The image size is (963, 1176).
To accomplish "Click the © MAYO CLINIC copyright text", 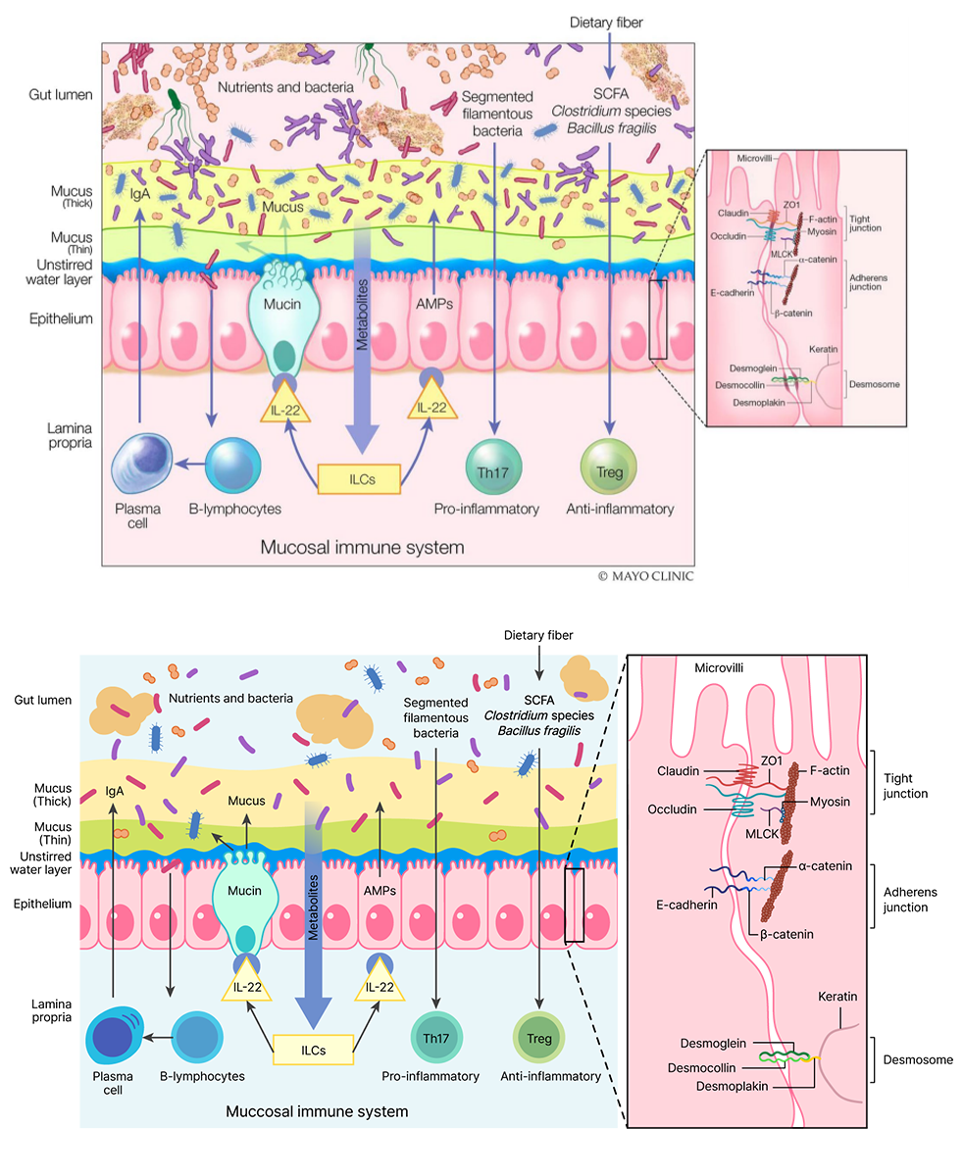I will pyautogui.click(x=644, y=576).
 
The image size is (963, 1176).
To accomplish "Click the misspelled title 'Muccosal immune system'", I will pyautogui.click(x=317, y=1112).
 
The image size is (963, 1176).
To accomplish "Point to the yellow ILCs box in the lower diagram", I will pyautogui.click(x=313, y=1050).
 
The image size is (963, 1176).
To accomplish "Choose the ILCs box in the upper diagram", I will pyautogui.click(x=360, y=479).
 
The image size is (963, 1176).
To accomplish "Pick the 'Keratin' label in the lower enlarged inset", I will pyautogui.click(x=837, y=997).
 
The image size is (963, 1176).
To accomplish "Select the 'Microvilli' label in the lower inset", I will pyautogui.click(x=721, y=668).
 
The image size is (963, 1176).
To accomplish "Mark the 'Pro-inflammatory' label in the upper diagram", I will pyautogui.click(x=486, y=510).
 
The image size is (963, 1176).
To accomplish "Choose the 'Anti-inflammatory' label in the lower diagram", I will pyautogui.click(x=550, y=1076).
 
